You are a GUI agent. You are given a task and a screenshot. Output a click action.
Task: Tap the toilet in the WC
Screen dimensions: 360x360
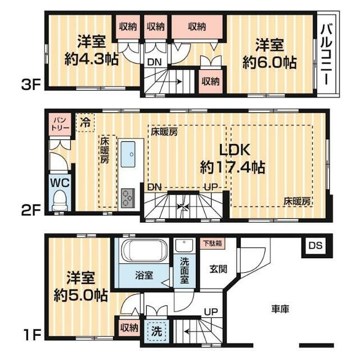59,200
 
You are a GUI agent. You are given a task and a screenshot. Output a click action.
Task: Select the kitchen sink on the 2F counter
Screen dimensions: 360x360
128,154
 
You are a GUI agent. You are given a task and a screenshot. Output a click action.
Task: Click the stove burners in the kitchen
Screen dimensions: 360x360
128,197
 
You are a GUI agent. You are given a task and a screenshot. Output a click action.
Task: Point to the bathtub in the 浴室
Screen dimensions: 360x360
144,251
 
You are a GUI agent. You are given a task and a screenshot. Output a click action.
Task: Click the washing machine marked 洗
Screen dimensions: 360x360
157,331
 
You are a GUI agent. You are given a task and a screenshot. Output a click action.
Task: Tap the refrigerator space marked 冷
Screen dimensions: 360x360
85,123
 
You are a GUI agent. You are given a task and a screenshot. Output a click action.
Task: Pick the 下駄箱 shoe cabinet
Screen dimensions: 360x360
213,243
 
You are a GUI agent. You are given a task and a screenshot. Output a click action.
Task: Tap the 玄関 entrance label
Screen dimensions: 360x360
218,269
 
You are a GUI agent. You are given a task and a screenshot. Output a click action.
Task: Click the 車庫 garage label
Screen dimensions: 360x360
280,309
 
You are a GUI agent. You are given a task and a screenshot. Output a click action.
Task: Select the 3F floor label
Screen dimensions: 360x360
31,85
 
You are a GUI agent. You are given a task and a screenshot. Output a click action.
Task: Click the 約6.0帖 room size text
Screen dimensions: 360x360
270,62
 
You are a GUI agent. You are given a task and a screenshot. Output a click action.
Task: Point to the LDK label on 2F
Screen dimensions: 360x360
235,150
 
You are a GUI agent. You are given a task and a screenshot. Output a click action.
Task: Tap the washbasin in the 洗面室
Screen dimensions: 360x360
184,246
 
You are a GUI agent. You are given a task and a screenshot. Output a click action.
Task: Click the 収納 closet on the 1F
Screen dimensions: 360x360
129,328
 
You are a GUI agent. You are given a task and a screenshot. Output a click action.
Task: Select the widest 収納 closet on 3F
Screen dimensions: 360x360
197,26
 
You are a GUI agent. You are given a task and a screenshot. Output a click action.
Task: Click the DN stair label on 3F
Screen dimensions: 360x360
155,62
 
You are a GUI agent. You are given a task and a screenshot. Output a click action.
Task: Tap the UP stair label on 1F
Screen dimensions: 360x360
211,312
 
